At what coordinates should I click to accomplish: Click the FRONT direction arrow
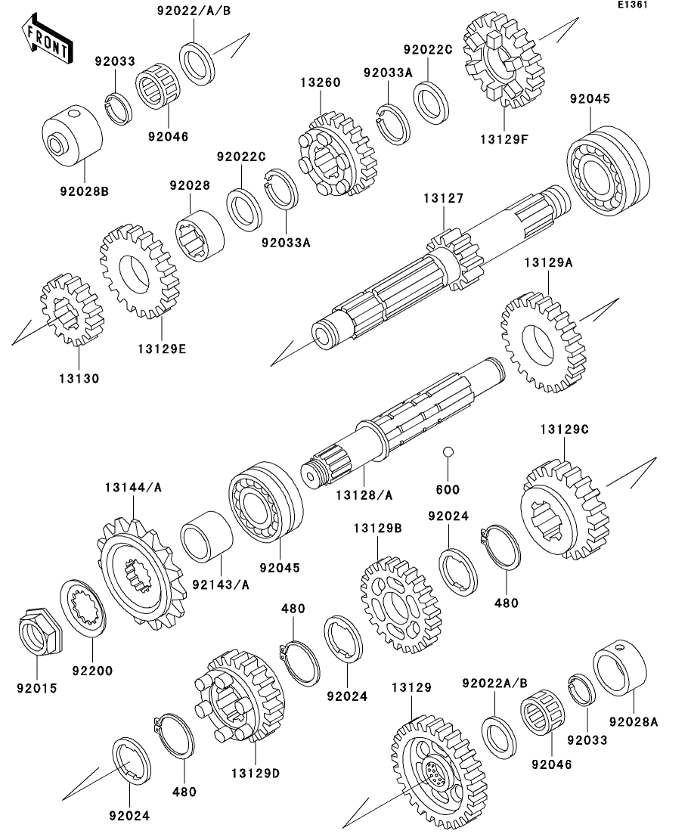(47, 39)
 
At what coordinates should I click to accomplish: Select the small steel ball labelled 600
(448, 451)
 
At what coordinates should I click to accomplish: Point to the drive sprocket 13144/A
(142, 574)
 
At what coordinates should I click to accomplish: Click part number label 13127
(444, 198)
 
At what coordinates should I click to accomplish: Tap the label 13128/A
(364, 495)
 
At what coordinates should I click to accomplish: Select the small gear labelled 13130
(73, 309)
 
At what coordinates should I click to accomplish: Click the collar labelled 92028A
(620, 667)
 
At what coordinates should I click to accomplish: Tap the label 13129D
(256, 773)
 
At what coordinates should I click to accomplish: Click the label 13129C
(565, 429)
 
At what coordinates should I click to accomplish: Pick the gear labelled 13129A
(544, 342)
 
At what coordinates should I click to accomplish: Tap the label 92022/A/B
(194, 11)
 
